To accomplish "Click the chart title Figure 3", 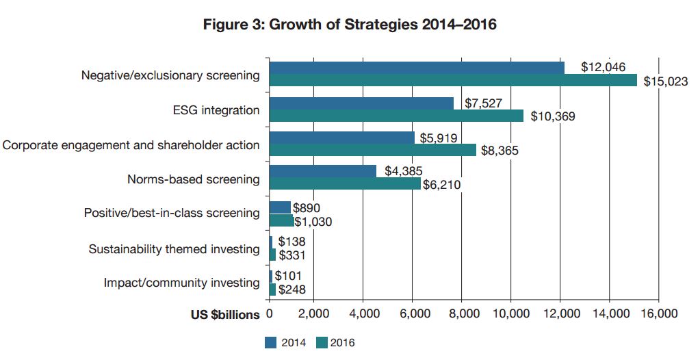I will (x=350, y=25).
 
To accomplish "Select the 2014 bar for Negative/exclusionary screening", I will (x=417, y=68).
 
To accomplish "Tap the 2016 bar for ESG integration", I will (x=396, y=116).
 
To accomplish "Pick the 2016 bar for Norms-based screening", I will (x=345, y=183).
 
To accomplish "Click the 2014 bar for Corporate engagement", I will (x=341, y=138).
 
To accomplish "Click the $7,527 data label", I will (x=484, y=103).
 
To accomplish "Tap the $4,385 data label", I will (x=404, y=171).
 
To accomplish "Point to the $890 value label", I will (x=307, y=207).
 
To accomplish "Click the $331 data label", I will (x=291, y=255).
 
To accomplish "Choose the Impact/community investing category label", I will (x=181, y=283).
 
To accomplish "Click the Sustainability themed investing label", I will (x=174, y=249).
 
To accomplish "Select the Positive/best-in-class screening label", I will (x=171, y=213).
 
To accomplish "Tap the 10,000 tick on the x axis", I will (x=512, y=313).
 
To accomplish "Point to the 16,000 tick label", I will (x=658, y=313).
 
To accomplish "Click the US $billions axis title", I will (x=226, y=314).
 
